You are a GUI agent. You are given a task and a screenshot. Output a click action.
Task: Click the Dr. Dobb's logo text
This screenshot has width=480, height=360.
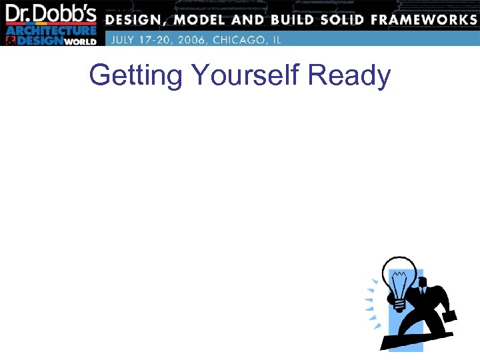51,13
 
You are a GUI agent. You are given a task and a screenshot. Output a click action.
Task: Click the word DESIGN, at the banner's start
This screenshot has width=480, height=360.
138,20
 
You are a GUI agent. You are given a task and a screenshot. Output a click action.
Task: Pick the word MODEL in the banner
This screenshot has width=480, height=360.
200,20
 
